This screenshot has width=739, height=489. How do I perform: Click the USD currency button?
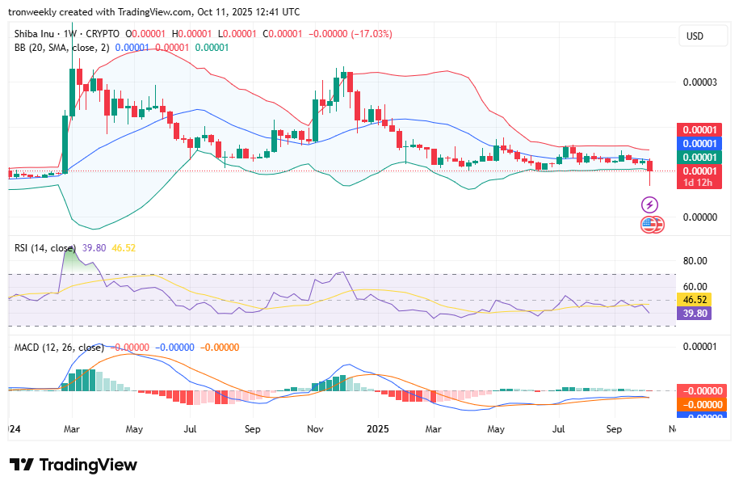tap(695, 36)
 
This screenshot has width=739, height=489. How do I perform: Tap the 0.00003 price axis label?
tap(699, 82)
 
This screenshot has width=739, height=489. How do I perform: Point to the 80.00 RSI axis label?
tap(695, 261)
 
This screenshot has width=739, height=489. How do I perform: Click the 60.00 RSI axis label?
tap(695, 286)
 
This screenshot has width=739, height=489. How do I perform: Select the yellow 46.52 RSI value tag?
tap(695, 300)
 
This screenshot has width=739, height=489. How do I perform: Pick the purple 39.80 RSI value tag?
tap(695, 314)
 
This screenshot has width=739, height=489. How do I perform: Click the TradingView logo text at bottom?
tap(73, 465)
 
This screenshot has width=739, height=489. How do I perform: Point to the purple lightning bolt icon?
tap(649, 205)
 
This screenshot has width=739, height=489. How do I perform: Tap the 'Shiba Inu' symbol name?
tap(37, 34)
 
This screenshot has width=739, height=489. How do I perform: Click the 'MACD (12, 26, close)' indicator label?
tap(59, 348)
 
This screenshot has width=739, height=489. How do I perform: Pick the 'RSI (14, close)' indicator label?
tap(45, 248)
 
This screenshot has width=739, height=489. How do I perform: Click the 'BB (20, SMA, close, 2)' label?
tap(61, 48)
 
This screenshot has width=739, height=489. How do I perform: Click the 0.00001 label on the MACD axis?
tap(699, 347)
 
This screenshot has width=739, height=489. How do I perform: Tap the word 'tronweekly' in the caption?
tap(35, 12)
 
